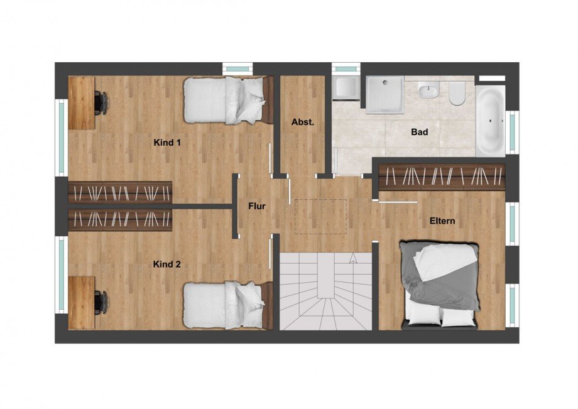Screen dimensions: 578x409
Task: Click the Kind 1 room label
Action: pos(167,143)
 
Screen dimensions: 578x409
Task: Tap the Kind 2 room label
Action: pos(167,264)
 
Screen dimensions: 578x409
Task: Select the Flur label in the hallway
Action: pos(257,206)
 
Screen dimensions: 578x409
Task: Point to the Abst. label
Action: pos(303,123)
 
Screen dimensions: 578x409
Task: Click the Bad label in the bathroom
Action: pos(420,132)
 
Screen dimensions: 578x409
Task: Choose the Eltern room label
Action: pos(442,221)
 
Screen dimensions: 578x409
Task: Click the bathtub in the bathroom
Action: pos(490,121)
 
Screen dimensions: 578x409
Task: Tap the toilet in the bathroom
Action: pos(457,93)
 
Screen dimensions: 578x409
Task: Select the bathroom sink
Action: pos(428,90)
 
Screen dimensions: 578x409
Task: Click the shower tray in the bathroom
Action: pos(385,94)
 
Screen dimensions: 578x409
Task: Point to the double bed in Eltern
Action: pos(439,285)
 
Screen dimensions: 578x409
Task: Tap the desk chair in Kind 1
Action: pos(101,103)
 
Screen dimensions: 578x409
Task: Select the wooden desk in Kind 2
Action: pos(82,303)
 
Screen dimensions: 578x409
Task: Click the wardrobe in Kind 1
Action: pos(120,192)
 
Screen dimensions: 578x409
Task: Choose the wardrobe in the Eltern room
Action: pos(442,176)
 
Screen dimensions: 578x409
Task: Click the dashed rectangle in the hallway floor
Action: pos(320,217)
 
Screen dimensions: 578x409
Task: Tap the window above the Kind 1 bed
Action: pos(237,68)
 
